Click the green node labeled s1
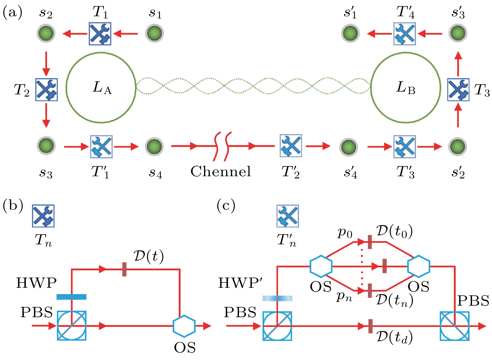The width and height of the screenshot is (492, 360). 155,33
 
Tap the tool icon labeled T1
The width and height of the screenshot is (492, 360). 100,33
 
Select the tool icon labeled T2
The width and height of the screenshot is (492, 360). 46,89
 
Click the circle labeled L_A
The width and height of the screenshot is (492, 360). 101,87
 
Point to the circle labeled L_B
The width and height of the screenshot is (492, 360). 405,87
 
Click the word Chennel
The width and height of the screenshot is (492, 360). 221,171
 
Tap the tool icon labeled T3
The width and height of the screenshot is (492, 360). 458,89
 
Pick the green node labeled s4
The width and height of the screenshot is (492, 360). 154,146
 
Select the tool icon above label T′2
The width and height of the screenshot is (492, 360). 291,146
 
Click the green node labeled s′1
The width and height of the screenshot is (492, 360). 350,33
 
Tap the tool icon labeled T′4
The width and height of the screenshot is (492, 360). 405,33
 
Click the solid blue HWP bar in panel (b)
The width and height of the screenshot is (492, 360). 71,297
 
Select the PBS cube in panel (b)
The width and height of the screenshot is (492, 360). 72,326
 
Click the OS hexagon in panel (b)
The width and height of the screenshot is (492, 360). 184,326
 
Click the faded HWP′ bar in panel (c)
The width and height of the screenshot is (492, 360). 277,298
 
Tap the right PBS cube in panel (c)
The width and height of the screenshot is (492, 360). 455,326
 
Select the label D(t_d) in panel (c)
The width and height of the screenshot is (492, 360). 394,337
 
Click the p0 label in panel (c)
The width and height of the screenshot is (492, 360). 345,233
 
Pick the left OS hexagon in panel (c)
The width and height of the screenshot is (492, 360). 321,267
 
